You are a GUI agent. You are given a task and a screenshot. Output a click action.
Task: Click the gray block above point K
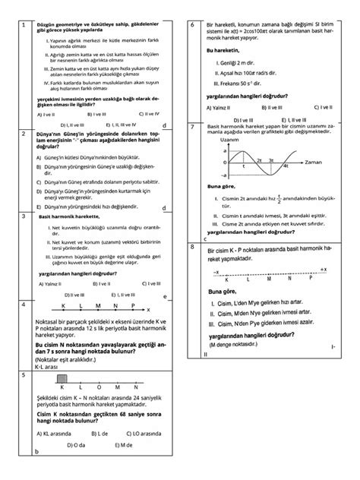pos(63,377)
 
